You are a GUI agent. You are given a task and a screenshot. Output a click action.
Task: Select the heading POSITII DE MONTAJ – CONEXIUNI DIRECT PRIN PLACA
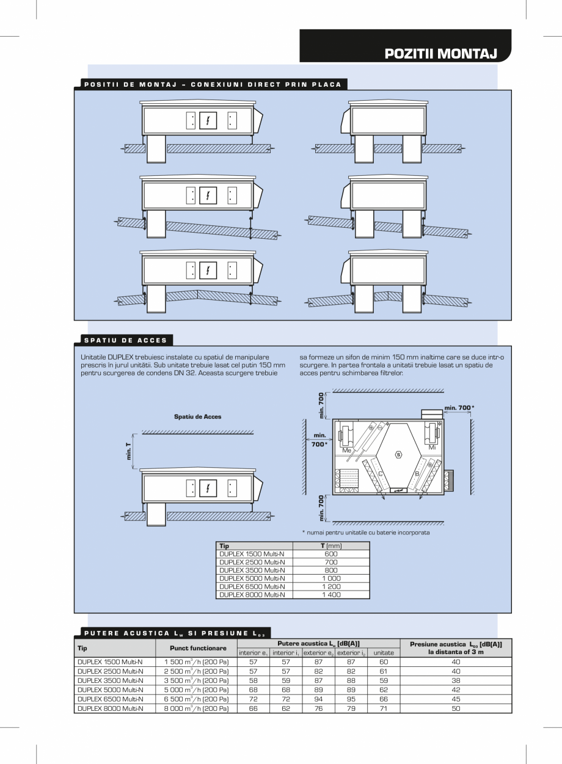(x=211, y=84)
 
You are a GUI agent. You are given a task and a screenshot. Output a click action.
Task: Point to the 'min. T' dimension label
(x=128, y=451)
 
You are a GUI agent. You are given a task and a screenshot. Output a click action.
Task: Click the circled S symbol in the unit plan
(x=399, y=454)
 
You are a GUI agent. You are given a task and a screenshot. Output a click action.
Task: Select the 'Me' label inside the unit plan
(x=346, y=450)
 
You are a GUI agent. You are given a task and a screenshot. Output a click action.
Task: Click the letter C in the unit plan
(x=381, y=474)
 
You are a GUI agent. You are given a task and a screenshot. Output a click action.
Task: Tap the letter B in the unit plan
(x=417, y=474)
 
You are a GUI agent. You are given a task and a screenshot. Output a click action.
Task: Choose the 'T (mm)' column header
(x=331, y=545)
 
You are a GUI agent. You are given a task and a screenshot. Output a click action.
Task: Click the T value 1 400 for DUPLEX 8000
(x=331, y=594)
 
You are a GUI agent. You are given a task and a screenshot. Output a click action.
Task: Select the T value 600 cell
(x=331, y=554)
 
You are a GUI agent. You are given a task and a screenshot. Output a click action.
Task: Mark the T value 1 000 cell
(x=331, y=578)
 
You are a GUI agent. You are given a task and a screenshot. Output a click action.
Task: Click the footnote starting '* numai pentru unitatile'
(x=365, y=533)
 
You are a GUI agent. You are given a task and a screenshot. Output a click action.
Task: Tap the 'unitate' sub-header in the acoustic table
(x=384, y=653)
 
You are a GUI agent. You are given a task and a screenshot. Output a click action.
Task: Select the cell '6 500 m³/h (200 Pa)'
(x=196, y=699)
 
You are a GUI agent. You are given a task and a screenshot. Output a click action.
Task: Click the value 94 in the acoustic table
(x=318, y=699)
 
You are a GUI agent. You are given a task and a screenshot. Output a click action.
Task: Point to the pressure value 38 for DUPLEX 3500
(x=455, y=680)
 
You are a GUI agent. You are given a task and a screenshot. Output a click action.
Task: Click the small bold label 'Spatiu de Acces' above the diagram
(x=197, y=417)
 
